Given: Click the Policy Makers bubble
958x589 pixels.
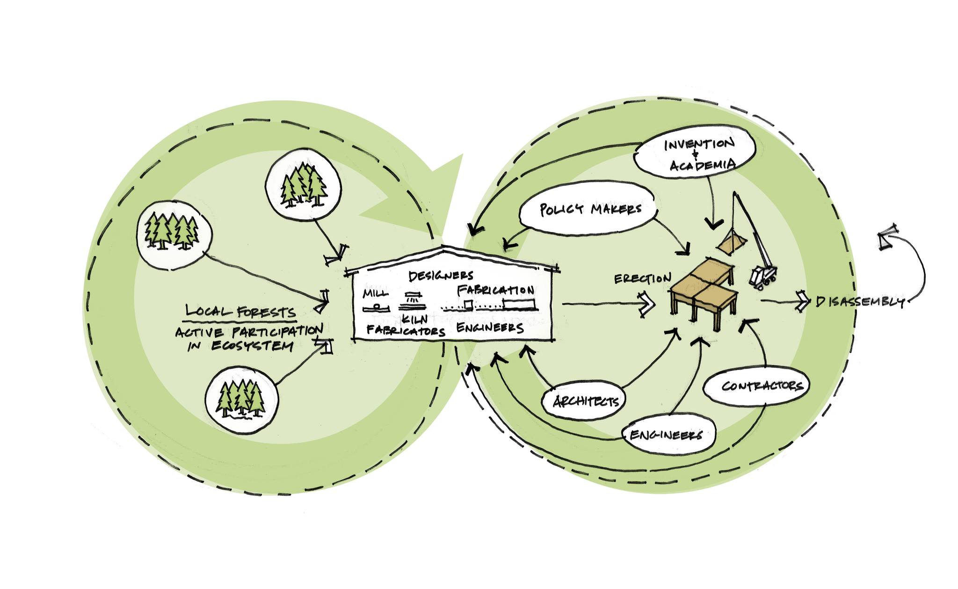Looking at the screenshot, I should pyautogui.click(x=589, y=209).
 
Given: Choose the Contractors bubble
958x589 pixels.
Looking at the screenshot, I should pyautogui.click(x=762, y=386).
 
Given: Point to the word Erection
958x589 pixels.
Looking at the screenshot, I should pyautogui.click(x=642, y=279).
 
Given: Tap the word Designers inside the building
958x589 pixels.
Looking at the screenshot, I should pyautogui.click(x=441, y=276).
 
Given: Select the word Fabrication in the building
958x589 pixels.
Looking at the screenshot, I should pyautogui.click(x=495, y=291).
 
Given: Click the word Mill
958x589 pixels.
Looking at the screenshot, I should pyautogui.click(x=375, y=293).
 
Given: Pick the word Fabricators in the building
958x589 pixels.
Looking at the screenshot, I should pyautogui.click(x=406, y=331).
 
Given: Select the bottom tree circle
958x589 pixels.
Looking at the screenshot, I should pyautogui.click(x=242, y=400).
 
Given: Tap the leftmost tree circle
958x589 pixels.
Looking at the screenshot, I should pyautogui.click(x=174, y=235).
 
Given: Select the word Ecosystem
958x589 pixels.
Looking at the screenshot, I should pyautogui.click(x=253, y=346).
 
